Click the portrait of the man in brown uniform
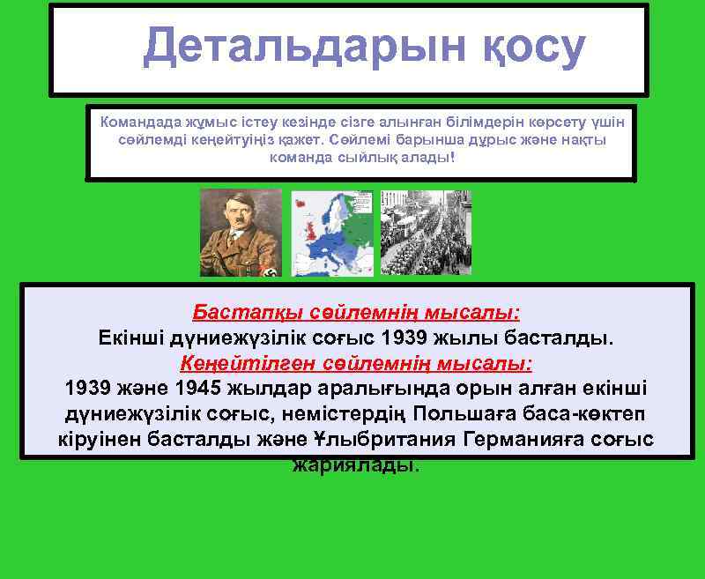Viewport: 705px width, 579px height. click(x=241, y=233)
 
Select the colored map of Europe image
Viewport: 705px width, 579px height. click(x=332, y=233)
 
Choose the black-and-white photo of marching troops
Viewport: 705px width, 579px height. click(x=426, y=233)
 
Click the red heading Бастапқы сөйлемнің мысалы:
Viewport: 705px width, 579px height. click(x=356, y=313)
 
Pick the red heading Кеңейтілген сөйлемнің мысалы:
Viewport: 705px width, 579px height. click(x=356, y=363)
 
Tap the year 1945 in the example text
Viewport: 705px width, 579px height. click(x=199, y=389)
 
